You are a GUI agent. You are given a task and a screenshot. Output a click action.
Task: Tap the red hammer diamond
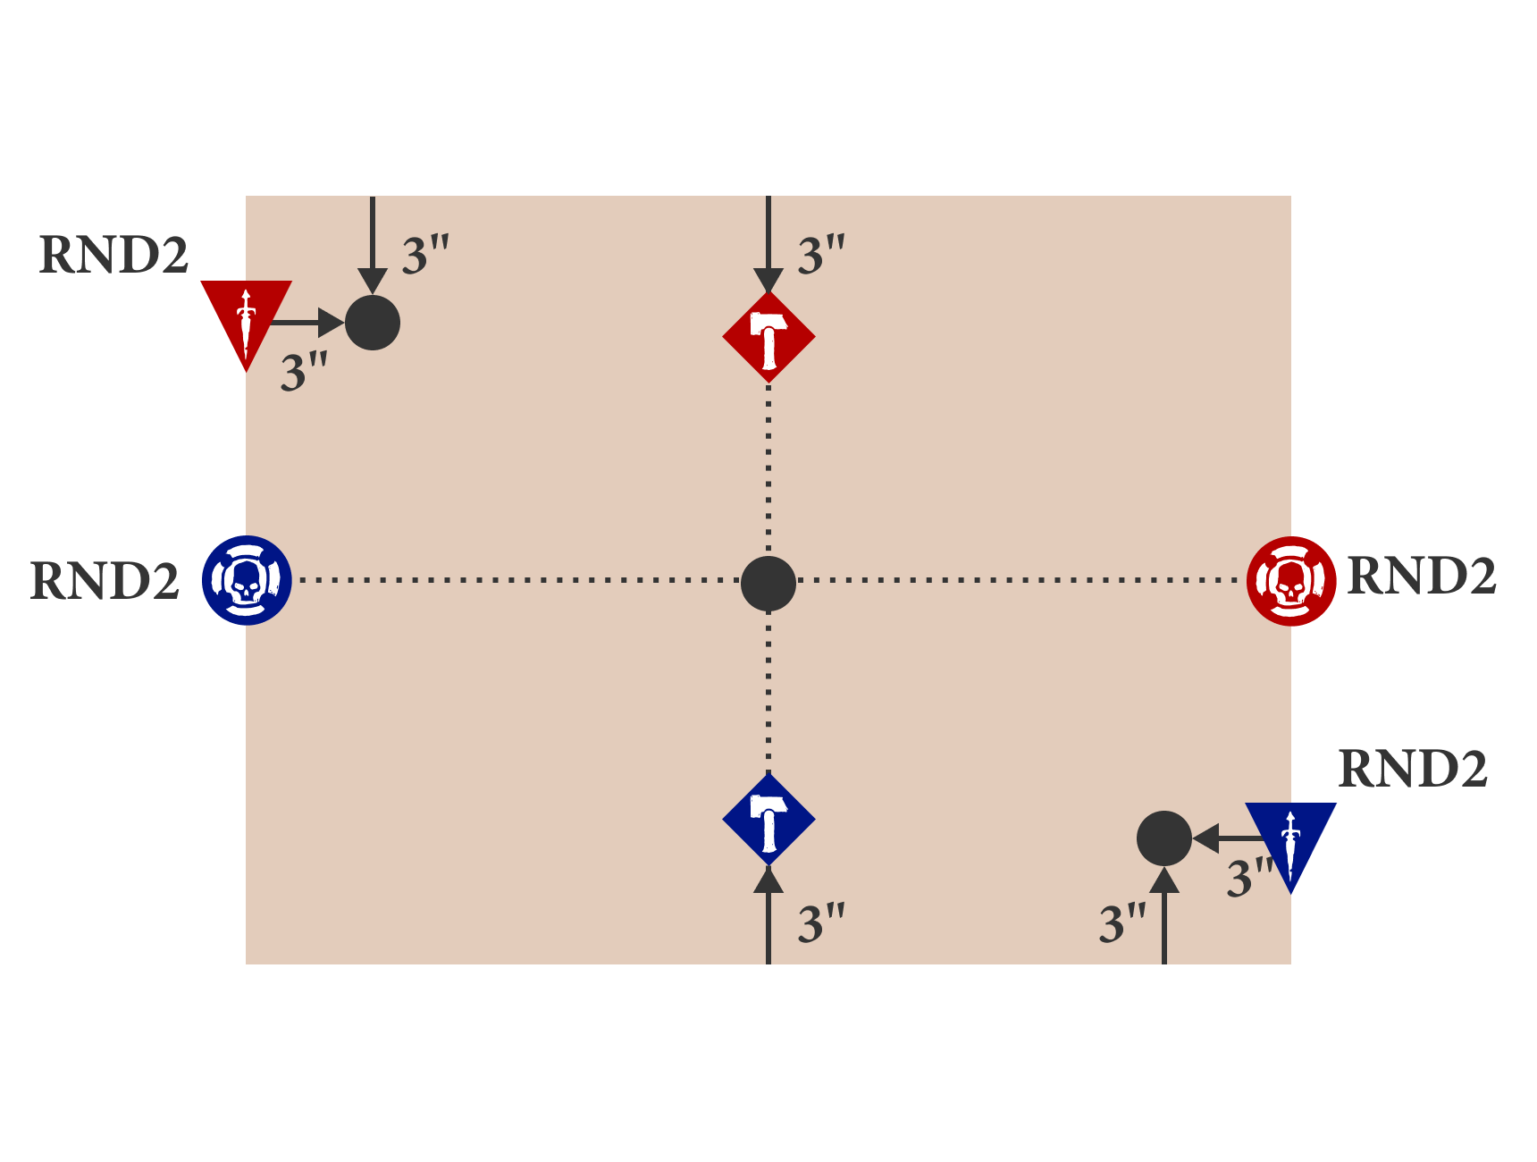tap(768, 337)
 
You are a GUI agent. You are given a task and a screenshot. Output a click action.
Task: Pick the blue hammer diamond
tap(768, 820)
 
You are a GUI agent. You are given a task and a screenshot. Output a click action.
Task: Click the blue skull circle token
tap(247, 580)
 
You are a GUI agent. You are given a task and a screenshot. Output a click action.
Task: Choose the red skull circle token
tap(1291, 581)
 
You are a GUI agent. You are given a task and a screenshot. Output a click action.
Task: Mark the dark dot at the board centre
tap(768, 584)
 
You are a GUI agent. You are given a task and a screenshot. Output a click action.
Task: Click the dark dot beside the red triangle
tap(373, 323)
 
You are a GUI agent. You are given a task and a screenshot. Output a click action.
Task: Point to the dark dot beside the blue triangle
tap(1163, 838)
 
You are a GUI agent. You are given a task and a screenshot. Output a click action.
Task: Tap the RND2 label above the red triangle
tap(113, 256)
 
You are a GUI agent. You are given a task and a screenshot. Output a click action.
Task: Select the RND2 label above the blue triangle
tap(1412, 769)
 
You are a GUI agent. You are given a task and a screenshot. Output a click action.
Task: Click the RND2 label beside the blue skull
tap(105, 581)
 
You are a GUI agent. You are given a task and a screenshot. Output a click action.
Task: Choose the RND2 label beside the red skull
tap(1421, 576)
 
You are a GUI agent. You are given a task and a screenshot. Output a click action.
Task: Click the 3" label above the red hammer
tap(821, 256)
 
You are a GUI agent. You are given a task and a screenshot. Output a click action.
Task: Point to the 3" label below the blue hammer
tap(821, 923)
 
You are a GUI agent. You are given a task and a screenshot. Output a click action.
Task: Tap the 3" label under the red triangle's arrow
tap(304, 372)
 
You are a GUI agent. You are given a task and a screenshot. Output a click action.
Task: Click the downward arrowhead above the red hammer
tap(768, 281)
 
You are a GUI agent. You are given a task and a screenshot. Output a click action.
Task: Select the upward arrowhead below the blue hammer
tap(768, 880)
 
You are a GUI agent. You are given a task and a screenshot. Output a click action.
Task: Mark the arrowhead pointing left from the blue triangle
tap(1206, 838)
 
